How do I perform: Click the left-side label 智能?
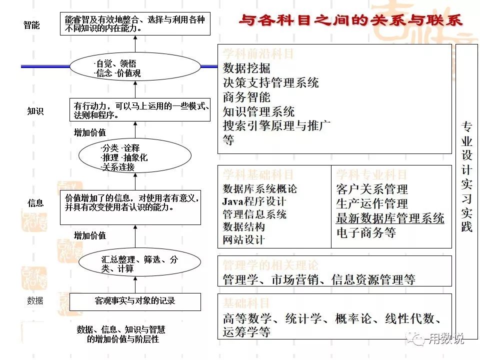(x=31, y=25)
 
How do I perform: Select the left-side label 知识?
(x=35, y=111)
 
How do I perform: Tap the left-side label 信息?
(x=35, y=203)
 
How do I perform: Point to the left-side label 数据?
(x=35, y=300)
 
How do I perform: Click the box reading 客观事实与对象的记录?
(x=135, y=301)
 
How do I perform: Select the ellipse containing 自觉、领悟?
(x=135, y=68)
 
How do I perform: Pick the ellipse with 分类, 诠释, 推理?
(x=135, y=157)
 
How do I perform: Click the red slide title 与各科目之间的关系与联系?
(x=350, y=20)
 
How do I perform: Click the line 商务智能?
(x=246, y=97)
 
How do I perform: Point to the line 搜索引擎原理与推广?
(x=276, y=125)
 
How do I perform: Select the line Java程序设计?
(x=254, y=201)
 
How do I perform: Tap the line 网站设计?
(x=243, y=239)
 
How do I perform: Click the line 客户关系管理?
(x=372, y=189)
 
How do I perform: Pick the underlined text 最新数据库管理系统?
(x=390, y=218)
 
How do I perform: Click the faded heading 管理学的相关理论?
(x=270, y=265)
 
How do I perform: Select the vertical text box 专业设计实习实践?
(x=466, y=175)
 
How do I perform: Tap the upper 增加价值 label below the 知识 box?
(x=90, y=132)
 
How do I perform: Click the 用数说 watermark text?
(x=446, y=339)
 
